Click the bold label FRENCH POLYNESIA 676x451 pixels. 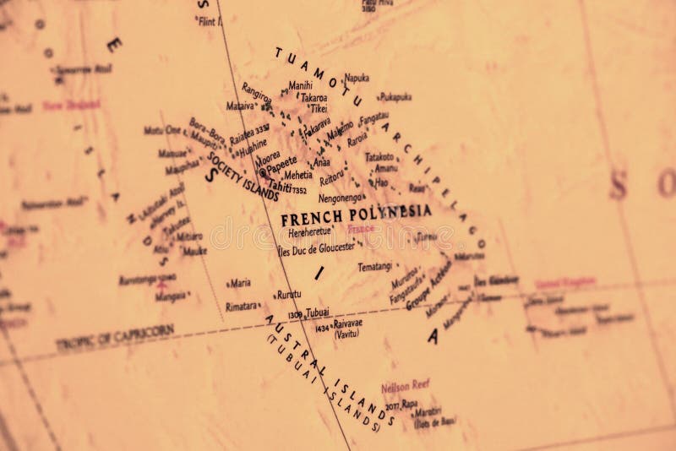pyautogui.click(x=356, y=213)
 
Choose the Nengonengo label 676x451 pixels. pyautogui.click(x=342, y=198)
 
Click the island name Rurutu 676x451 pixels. pyautogui.click(x=288, y=295)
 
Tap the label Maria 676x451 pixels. pyautogui.click(x=241, y=284)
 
